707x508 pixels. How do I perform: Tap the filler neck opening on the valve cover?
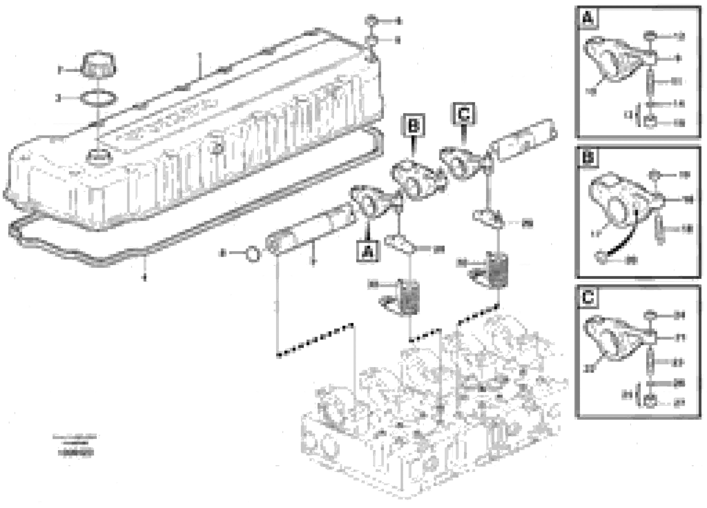click(x=99, y=155)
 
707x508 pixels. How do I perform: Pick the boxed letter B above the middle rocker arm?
click(x=413, y=125)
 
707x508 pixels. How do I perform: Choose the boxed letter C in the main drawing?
click(x=464, y=114)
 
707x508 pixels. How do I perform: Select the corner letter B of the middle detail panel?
click(x=587, y=158)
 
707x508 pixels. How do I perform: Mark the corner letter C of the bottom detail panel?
click(x=587, y=298)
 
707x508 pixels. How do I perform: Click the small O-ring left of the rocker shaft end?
click(x=253, y=254)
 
